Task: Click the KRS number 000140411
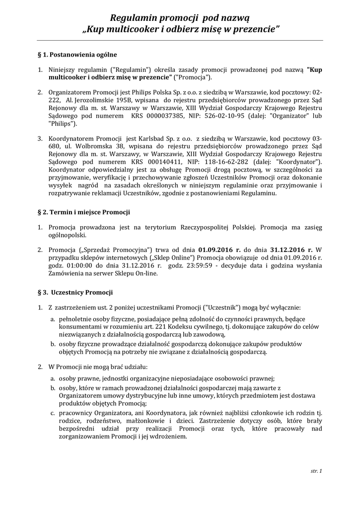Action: tap(151, 162)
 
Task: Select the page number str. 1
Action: tap(316, 470)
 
